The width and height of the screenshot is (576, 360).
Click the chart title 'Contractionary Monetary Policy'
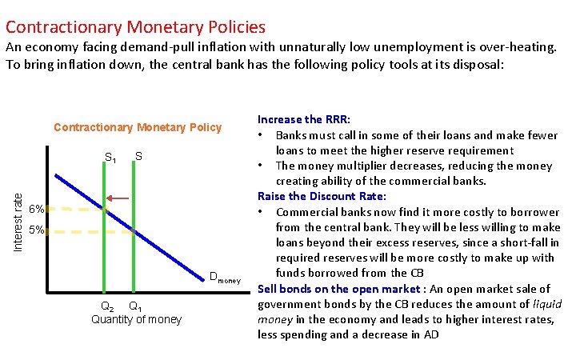click(x=138, y=127)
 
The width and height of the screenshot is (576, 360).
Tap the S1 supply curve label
click(x=111, y=157)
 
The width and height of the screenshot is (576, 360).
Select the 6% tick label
click(x=35, y=210)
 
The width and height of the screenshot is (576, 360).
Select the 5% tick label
click(x=35, y=231)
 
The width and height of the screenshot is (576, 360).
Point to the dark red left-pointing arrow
click(x=120, y=198)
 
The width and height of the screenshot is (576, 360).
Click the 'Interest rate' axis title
click(x=17, y=217)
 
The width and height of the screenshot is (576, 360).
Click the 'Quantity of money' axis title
click(x=137, y=319)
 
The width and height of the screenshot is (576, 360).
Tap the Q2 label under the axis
click(x=106, y=306)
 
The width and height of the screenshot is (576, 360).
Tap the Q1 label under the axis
click(x=136, y=306)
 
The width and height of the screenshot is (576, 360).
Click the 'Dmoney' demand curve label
click(x=224, y=278)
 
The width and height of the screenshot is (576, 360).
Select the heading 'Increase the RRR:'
click(x=309, y=119)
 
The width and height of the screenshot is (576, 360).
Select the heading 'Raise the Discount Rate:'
click(x=322, y=196)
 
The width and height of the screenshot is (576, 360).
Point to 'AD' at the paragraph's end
click(x=431, y=334)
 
